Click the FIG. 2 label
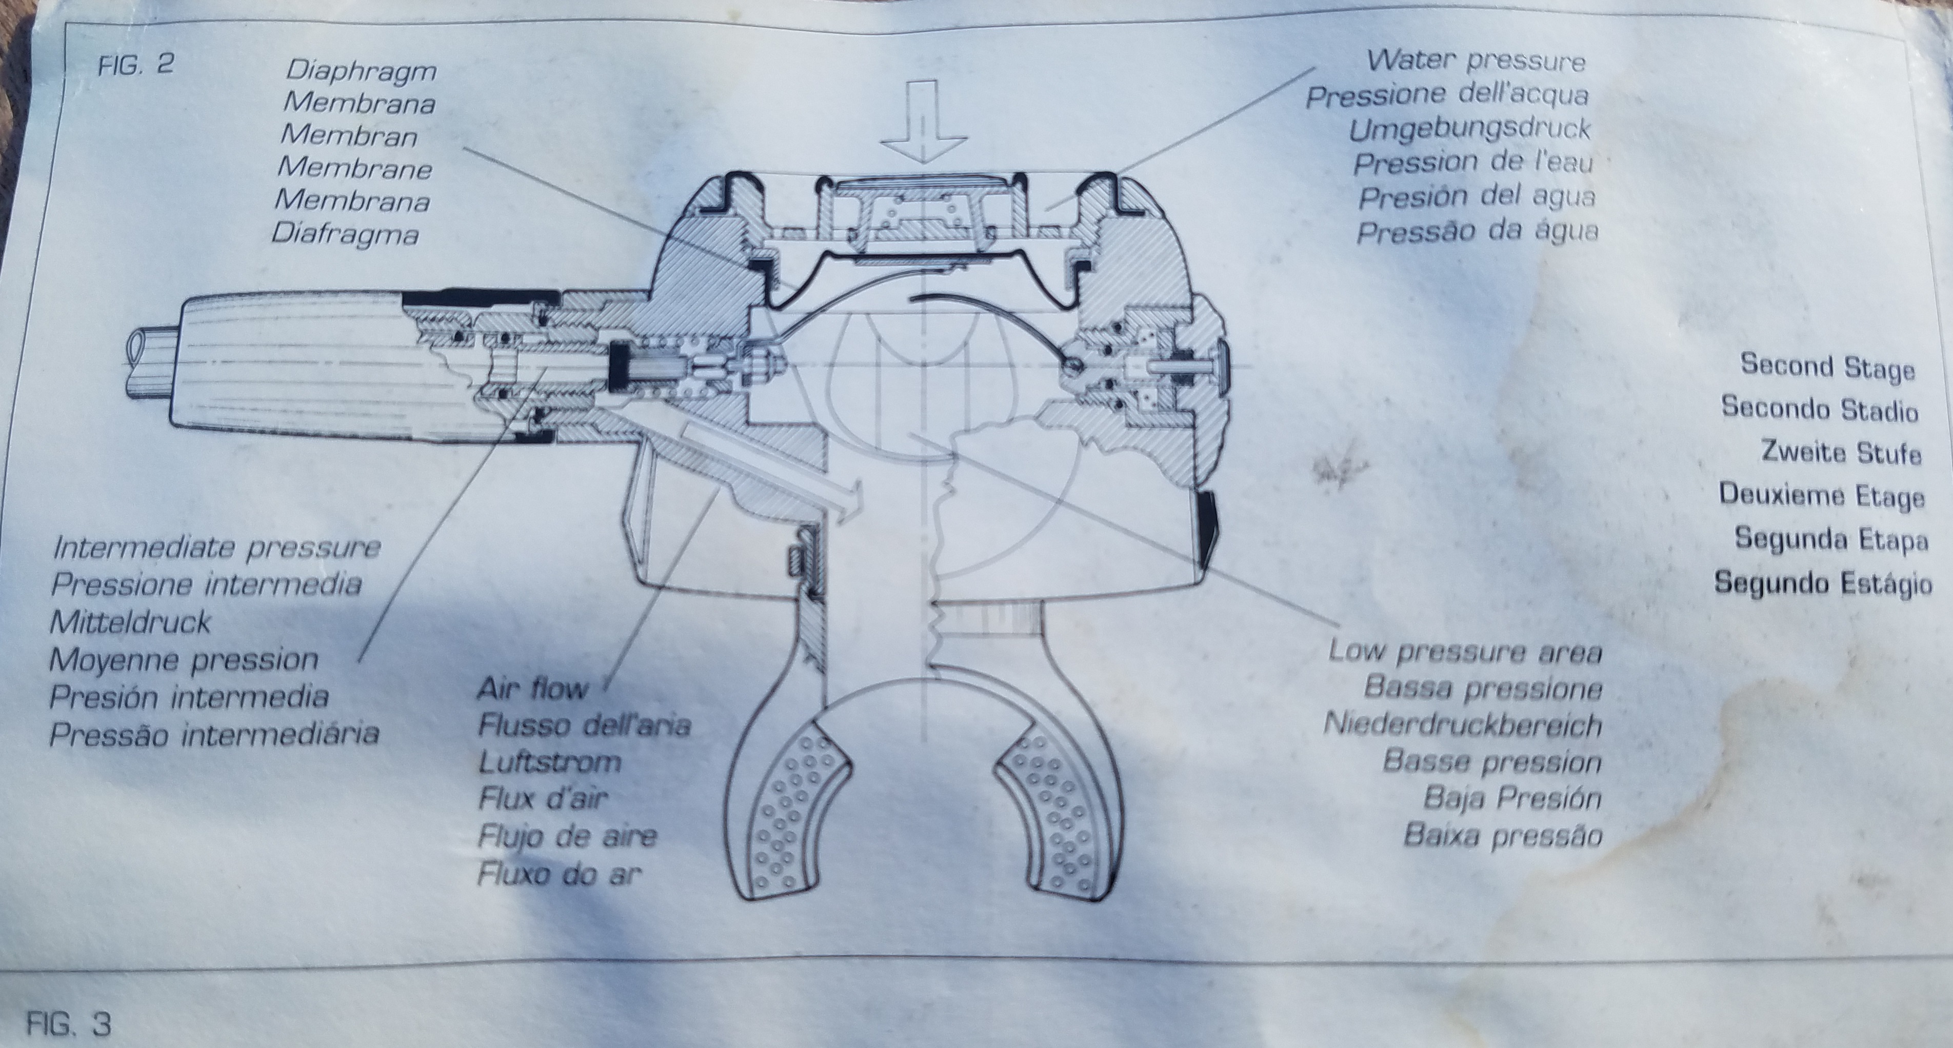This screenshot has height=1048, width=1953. pos(136,64)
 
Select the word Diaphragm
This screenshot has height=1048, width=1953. pos(362,70)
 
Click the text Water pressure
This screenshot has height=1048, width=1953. pos(1476,60)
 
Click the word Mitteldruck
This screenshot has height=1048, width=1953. pos(130,622)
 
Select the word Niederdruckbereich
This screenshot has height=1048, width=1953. pos(1463,725)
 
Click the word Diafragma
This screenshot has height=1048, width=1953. pos(345,233)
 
